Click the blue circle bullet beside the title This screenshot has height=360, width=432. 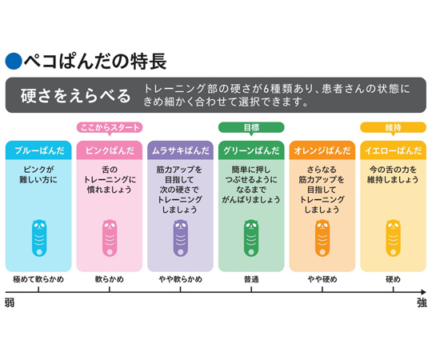pos(14,61)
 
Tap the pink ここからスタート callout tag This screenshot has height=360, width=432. pos(110,128)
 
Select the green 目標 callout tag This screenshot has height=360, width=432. pos(251,128)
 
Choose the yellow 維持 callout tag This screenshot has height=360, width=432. pos(393,128)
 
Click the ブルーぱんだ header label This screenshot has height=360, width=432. pos(38,150)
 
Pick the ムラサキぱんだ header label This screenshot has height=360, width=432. pos(181,150)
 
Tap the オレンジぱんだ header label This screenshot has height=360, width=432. pos(322,150)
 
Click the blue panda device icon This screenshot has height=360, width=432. pos(39,238)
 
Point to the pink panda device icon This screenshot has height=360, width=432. pos(110,238)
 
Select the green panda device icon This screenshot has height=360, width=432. pos(251,238)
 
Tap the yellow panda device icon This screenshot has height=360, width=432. pos(393,238)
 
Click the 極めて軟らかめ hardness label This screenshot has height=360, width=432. pos(38,279)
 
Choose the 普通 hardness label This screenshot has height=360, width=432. pos(251,279)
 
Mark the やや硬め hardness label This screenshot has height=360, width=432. pos(322,279)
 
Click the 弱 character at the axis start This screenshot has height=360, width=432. pos(10,303)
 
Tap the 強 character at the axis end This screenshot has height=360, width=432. pos(422,303)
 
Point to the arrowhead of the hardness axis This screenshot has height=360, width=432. pos(423,292)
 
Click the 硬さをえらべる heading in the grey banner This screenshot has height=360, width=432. pos(75,95)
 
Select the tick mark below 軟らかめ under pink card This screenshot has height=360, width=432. pos(110,290)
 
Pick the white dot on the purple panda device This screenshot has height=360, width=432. pos(181,252)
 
